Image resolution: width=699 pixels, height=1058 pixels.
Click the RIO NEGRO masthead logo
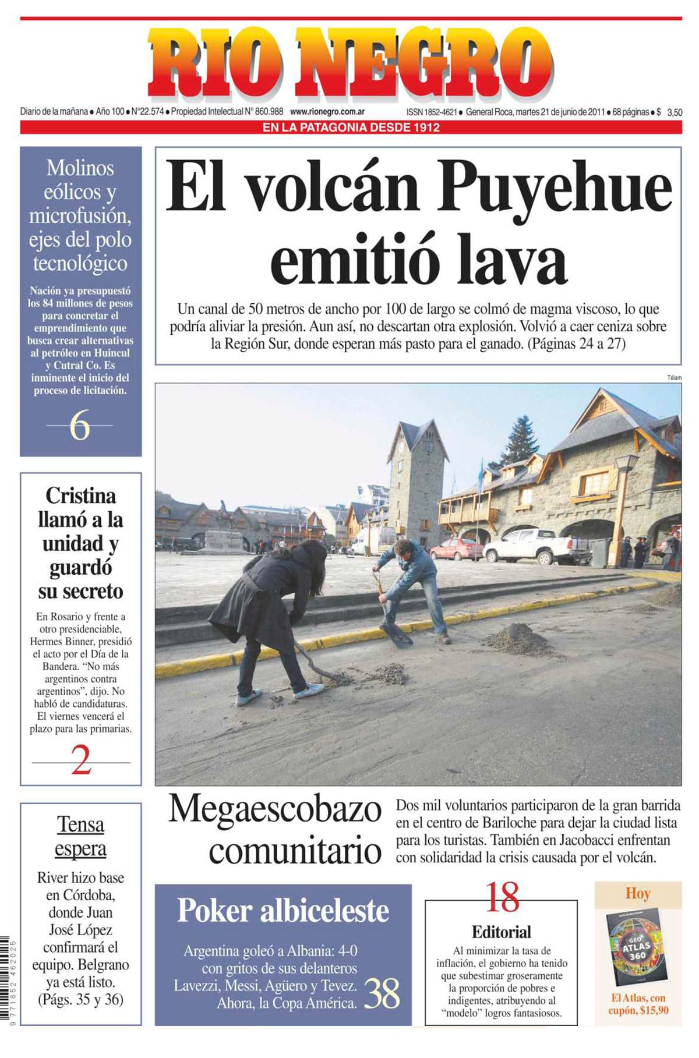[x=349, y=62]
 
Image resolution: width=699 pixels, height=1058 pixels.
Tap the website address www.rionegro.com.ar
[x=327, y=112]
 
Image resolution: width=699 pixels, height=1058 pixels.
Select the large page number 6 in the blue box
[x=80, y=426]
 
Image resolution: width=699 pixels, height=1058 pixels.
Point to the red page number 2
[x=81, y=760]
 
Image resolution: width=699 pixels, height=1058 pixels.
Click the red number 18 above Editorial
[x=502, y=897]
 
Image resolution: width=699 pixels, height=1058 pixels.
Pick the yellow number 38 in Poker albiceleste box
[x=382, y=993]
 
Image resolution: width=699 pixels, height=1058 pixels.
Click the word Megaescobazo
[x=275, y=809]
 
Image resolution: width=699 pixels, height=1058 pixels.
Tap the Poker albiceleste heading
[x=283, y=911]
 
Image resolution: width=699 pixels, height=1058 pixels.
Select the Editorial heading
[x=501, y=932]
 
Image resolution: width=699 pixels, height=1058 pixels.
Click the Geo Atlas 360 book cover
[x=636, y=946]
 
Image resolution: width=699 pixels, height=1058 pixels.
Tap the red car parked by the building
[x=456, y=549]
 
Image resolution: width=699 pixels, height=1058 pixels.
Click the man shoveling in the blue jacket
[x=411, y=582]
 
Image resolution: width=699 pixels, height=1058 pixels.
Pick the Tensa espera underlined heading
[x=80, y=837]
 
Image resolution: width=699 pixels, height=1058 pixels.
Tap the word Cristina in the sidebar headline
[x=80, y=496]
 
